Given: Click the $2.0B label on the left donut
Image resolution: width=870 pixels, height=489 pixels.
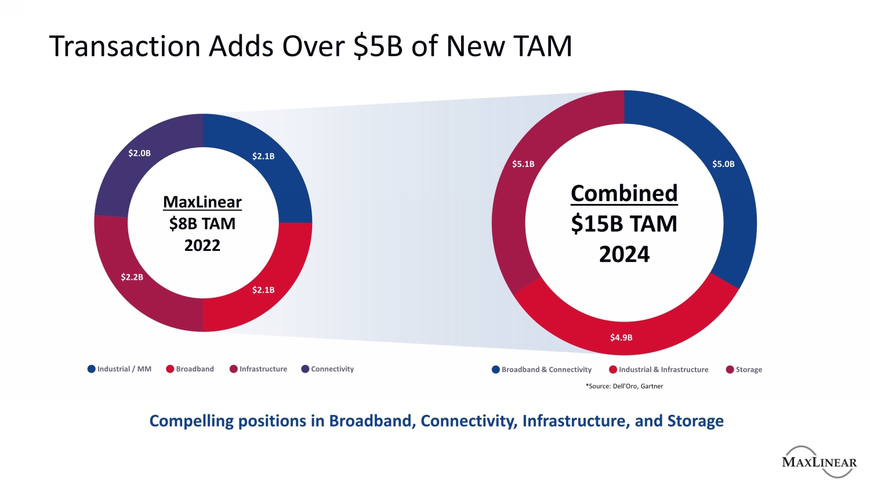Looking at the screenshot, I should tap(139, 153).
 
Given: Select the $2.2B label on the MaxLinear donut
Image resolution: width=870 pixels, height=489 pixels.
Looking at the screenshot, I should tap(132, 277).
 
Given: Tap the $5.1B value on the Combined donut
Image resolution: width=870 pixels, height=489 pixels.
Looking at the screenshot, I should tap(523, 164).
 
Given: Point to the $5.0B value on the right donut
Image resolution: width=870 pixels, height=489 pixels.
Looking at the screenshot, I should tap(723, 164).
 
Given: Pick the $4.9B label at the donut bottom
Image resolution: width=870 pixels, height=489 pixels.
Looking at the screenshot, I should tap(621, 337).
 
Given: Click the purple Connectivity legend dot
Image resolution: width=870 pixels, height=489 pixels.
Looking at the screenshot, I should tap(305, 369).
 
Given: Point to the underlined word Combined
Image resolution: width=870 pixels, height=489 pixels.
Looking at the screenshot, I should tap(624, 193).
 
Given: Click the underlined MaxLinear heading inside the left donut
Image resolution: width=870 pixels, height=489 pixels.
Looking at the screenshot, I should tap(202, 202).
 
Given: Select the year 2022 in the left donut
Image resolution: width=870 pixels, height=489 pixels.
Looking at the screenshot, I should tap(202, 245).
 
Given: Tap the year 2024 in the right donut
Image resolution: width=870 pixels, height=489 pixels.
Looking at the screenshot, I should tap(624, 254).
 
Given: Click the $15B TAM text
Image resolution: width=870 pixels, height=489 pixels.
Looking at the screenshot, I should tap(624, 224).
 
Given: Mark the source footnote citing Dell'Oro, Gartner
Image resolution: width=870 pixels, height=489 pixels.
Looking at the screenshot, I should tap(624, 386).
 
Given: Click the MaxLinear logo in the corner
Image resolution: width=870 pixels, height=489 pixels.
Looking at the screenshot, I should tap(819, 462).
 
